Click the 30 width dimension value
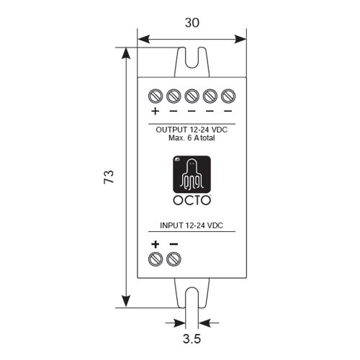192,23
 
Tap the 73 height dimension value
109,177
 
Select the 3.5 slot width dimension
192,339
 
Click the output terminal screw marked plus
156,96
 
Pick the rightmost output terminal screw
228,96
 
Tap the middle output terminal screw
192,96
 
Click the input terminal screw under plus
156,259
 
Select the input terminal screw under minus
174,259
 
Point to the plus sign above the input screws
156,244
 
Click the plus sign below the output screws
156,111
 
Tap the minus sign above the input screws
174,244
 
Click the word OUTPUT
171,130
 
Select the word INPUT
171,225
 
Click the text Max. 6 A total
192,138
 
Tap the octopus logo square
192,174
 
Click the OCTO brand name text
192,201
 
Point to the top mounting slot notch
192,58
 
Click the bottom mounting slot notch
192,297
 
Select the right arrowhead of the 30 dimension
240,39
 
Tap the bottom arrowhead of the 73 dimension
126,302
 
